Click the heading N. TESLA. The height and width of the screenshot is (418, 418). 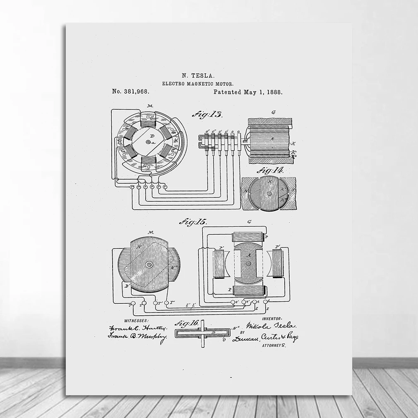[x=198, y=75]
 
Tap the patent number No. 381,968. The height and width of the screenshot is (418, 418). [x=130, y=92]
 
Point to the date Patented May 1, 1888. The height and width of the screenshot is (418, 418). [x=248, y=92]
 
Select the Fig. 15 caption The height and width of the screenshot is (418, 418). [x=193, y=222]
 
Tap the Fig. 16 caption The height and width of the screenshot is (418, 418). [x=187, y=324]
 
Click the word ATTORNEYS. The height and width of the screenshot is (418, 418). [x=274, y=345]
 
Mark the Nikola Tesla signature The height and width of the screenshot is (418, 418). [x=271, y=327]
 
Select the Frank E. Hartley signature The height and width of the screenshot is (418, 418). [x=138, y=328]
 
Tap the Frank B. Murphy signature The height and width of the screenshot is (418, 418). [x=137, y=336]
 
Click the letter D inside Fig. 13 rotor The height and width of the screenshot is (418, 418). [x=152, y=136]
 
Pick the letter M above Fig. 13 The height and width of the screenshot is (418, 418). [x=150, y=106]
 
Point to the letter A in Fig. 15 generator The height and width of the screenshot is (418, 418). [x=249, y=255]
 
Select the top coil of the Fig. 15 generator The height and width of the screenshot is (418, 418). [x=248, y=237]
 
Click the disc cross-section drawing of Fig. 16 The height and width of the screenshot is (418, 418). [x=202, y=333]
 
